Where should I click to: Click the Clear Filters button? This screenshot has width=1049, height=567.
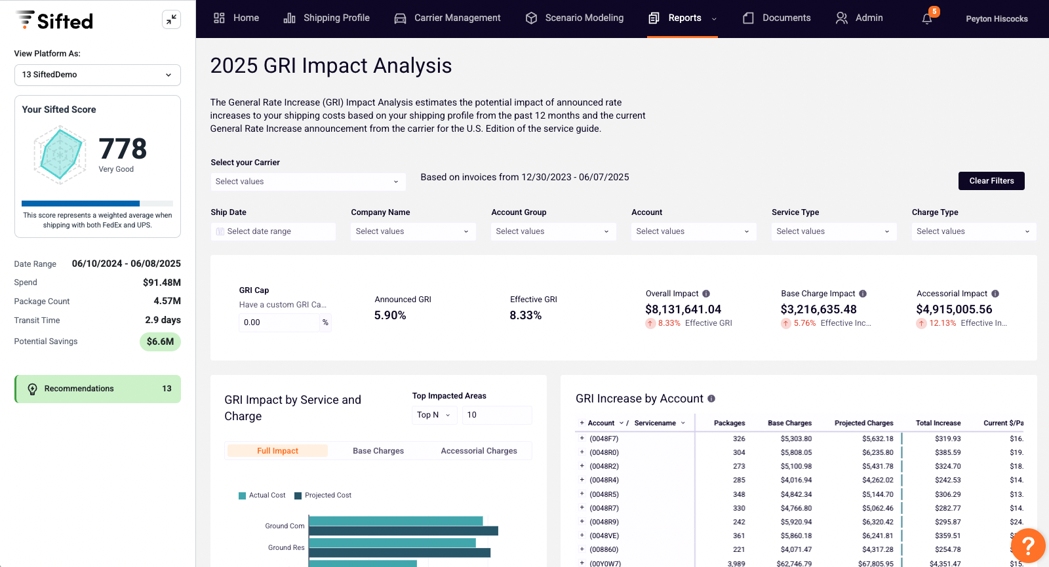pyautogui.click(x=991, y=181)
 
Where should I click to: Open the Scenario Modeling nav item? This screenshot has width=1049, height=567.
pyautogui.click(x=574, y=18)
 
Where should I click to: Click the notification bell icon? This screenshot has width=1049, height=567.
pyautogui.click(x=927, y=19)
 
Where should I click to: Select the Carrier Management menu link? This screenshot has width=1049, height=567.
pyautogui.click(x=447, y=18)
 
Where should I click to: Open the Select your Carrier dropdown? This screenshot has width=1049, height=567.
pyautogui.click(x=307, y=182)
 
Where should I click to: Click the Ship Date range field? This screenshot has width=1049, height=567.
pyautogui.click(x=273, y=231)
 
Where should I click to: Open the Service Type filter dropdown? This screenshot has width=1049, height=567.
pyautogui.click(x=833, y=231)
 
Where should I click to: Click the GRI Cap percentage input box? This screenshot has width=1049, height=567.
pyautogui.click(x=279, y=323)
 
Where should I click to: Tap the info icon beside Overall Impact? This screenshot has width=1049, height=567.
pyautogui.click(x=706, y=294)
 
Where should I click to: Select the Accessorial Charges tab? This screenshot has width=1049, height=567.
pyautogui.click(x=479, y=451)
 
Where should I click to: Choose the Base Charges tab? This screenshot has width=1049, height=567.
pyautogui.click(x=378, y=451)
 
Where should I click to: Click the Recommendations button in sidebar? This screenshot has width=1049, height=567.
pyautogui.click(x=98, y=389)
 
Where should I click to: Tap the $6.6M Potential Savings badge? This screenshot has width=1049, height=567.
pyautogui.click(x=160, y=342)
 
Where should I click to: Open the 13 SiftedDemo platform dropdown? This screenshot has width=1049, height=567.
pyautogui.click(x=98, y=75)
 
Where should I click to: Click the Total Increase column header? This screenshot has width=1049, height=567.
pyautogui.click(x=938, y=423)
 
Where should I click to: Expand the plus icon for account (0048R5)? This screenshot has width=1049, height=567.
pyautogui.click(x=582, y=494)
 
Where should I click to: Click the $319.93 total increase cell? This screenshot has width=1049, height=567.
pyautogui.click(x=947, y=439)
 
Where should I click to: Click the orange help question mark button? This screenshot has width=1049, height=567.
pyautogui.click(x=1028, y=545)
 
